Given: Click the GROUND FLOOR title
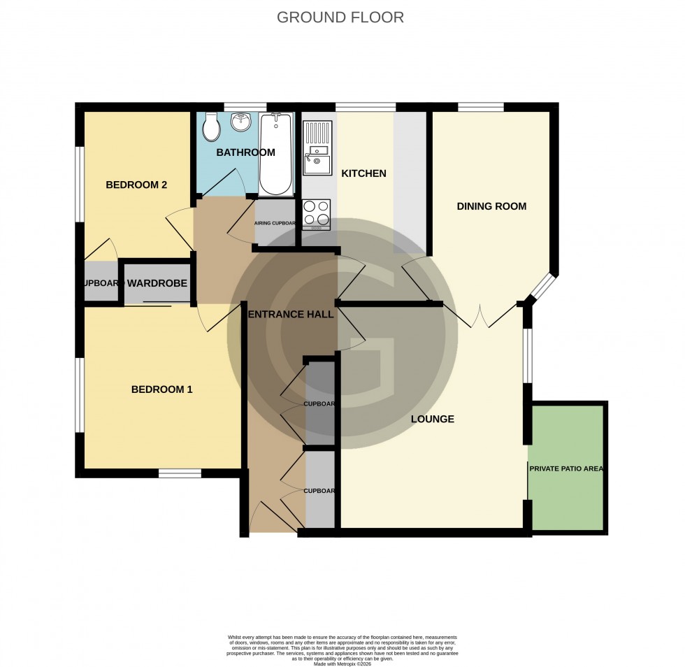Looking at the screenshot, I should [x=340, y=17].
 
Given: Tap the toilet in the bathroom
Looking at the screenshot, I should [x=211, y=128].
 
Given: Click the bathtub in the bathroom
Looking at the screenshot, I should [x=276, y=155].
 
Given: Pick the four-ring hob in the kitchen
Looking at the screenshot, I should [x=317, y=214].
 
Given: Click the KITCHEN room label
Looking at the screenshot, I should [x=363, y=173].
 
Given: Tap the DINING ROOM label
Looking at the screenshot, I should [x=491, y=206].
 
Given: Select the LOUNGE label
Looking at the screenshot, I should [x=432, y=419].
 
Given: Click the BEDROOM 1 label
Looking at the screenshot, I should [x=161, y=389].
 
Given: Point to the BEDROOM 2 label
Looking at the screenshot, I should [x=136, y=185].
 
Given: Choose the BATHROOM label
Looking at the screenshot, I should [x=245, y=152].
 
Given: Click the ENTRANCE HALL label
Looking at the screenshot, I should [x=291, y=315].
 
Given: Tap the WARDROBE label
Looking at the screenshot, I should [x=157, y=284].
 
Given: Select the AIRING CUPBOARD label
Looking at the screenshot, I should [x=275, y=224].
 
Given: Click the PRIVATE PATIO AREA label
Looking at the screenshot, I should [x=566, y=468].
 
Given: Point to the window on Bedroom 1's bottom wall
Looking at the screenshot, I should [x=180, y=473].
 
